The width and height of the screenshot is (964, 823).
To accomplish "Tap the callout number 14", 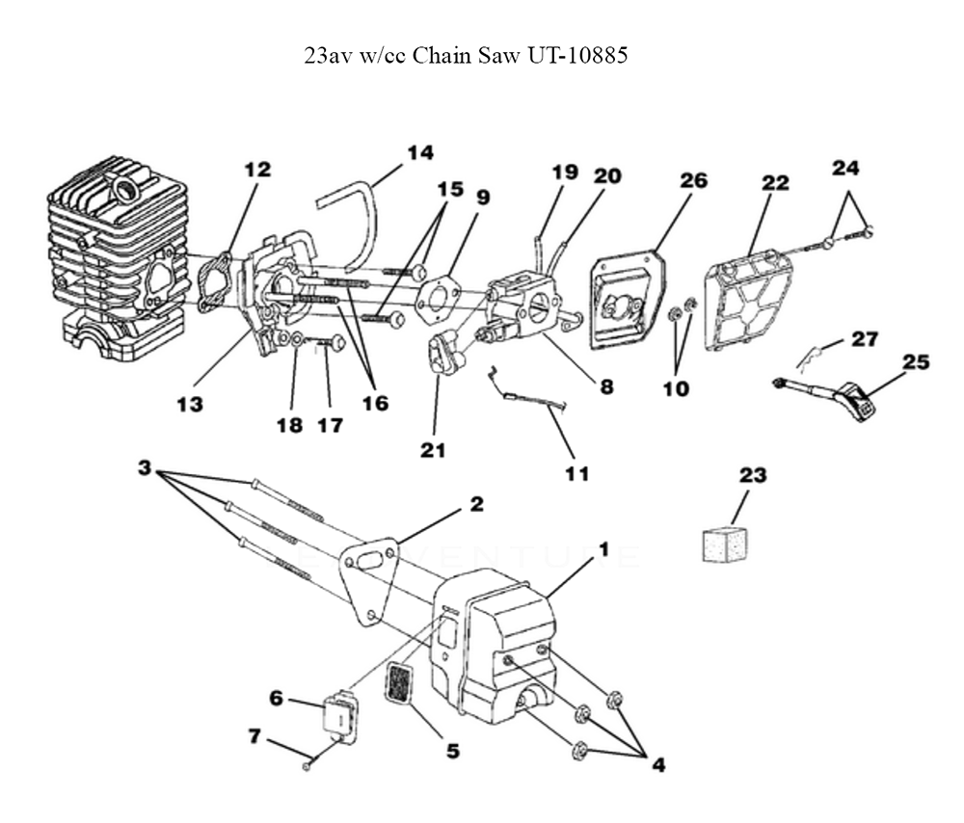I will pyautogui.click(x=419, y=152).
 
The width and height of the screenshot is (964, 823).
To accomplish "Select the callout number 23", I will pyautogui.click(x=753, y=475).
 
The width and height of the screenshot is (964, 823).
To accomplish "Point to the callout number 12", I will pyautogui.click(x=257, y=170).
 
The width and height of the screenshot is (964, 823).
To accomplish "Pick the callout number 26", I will pyautogui.click(x=693, y=180).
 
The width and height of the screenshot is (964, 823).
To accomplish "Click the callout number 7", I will pyautogui.click(x=254, y=735).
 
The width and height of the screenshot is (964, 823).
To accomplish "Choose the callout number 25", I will pyautogui.click(x=916, y=362).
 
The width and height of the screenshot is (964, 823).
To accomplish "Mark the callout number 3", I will pyautogui.click(x=145, y=469).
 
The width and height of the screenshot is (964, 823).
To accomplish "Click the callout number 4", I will pyautogui.click(x=657, y=766).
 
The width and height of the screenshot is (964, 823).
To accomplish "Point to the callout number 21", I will pyautogui.click(x=434, y=448).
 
